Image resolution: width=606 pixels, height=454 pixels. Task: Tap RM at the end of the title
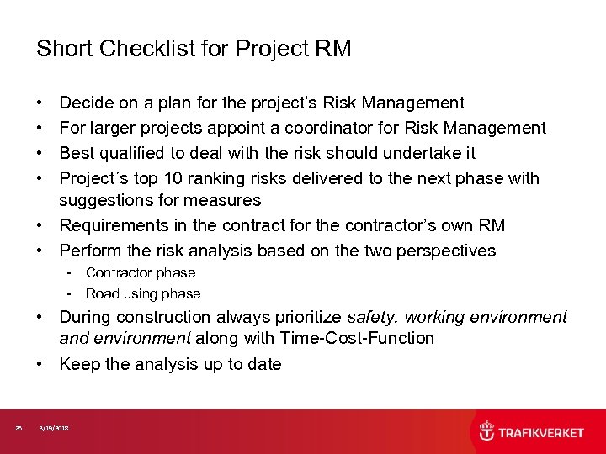pyautogui.click(x=332, y=50)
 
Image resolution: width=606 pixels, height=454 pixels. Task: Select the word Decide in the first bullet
pyautogui.click(x=86, y=103)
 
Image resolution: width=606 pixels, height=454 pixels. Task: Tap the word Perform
pyautogui.click(x=88, y=251)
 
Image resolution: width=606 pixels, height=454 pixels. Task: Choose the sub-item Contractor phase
pyautogui.click(x=140, y=272)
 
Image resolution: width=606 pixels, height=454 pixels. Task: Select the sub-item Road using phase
pyautogui.click(x=143, y=293)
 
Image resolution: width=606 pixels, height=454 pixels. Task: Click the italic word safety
pyautogui.click(x=373, y=317)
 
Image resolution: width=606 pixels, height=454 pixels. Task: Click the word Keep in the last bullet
pyautogui.click(x=77, y=364)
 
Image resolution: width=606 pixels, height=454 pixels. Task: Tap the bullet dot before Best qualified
pyautogui.click(x=41, y=154)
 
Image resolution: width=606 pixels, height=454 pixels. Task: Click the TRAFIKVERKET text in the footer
pyautogui.click(x=541, y=433)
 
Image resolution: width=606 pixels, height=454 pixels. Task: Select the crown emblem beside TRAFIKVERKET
pyautogui.click(x=487, y=431)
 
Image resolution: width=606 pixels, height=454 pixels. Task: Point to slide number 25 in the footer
pyautogui.click(x=19, y=429)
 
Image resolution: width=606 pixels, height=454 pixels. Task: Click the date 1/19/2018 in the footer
pyautogui.click(x=56, y=429)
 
